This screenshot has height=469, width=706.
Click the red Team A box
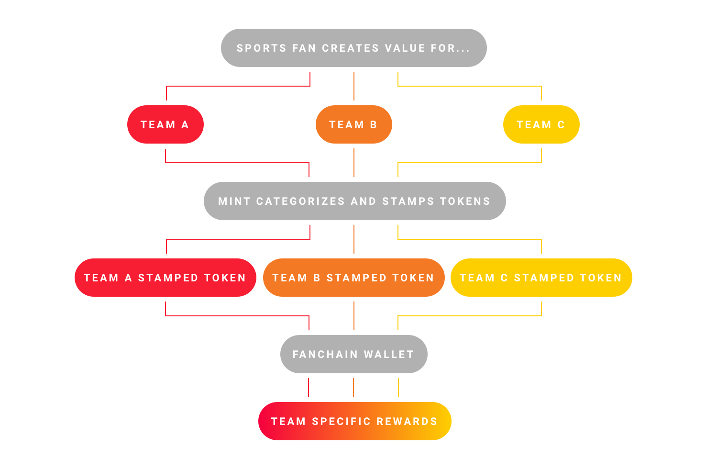coord(165,124)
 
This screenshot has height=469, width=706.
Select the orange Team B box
coord(354,124)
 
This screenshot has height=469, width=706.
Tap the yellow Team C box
coord(541,124)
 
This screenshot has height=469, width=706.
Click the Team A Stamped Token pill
coord(165,278)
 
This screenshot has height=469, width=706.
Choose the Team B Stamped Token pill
coord(354,278)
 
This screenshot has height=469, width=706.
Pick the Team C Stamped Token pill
coord(541,278)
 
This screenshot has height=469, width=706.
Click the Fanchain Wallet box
coord(354,354)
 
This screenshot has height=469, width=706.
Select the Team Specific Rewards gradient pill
coord(355,421)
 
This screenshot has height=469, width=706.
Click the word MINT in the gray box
coord(234,201)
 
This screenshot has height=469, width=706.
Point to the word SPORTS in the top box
coord(262,48)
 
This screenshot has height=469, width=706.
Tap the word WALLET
coord(389,355)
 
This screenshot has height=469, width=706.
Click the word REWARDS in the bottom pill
coord(407,421)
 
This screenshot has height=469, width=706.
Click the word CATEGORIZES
coord(300,201)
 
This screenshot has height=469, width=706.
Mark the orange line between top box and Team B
coord(354,86)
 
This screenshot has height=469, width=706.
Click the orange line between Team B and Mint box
coord(354,163)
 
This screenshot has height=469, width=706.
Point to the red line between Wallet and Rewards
coord(309,388)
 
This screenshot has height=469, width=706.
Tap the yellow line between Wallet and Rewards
coord(398,388)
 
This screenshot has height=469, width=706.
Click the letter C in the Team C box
coord(561,124)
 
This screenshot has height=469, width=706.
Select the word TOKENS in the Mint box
coord(465,201)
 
